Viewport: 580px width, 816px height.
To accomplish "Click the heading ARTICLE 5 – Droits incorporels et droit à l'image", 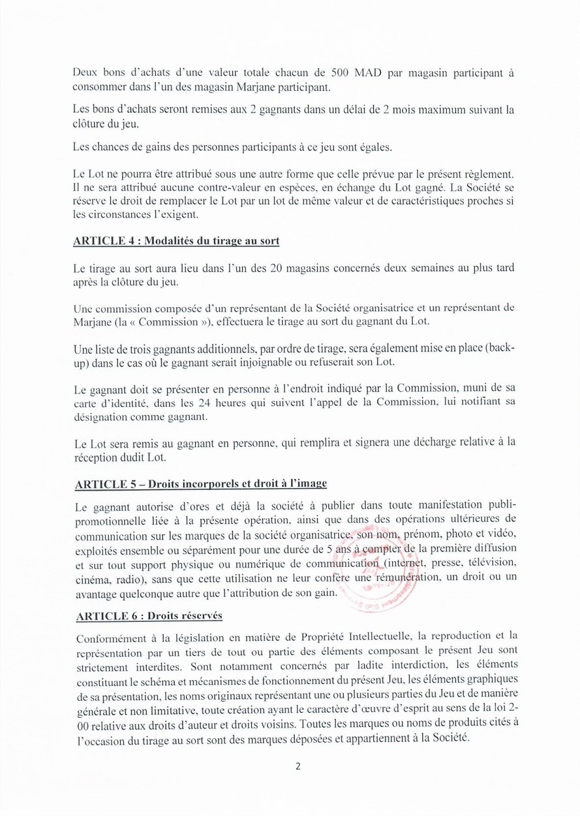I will tap(201, 484).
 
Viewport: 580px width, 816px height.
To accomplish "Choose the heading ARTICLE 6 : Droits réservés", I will tap(149, 616).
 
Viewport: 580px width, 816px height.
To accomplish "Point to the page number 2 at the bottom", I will tap(298, 766).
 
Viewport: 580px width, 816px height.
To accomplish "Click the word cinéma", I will tap(91, 578).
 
